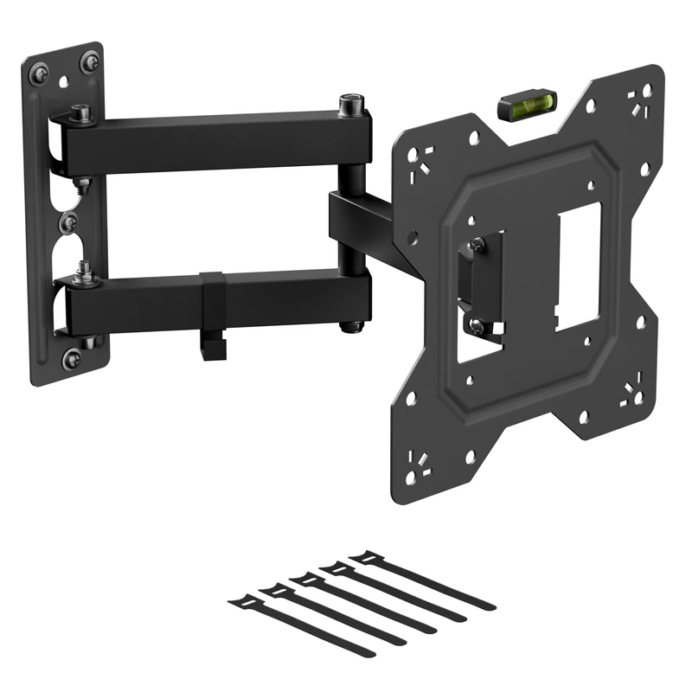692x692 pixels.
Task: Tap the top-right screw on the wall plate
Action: pos(89,62)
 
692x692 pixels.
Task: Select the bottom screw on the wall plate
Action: pos(72,357)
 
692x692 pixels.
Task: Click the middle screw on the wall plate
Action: pos(68,223)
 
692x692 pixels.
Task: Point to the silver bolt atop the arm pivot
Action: pos(350,105)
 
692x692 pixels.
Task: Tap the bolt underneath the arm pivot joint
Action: pos(350,326)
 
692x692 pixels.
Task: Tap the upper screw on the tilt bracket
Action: pos(477,245)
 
